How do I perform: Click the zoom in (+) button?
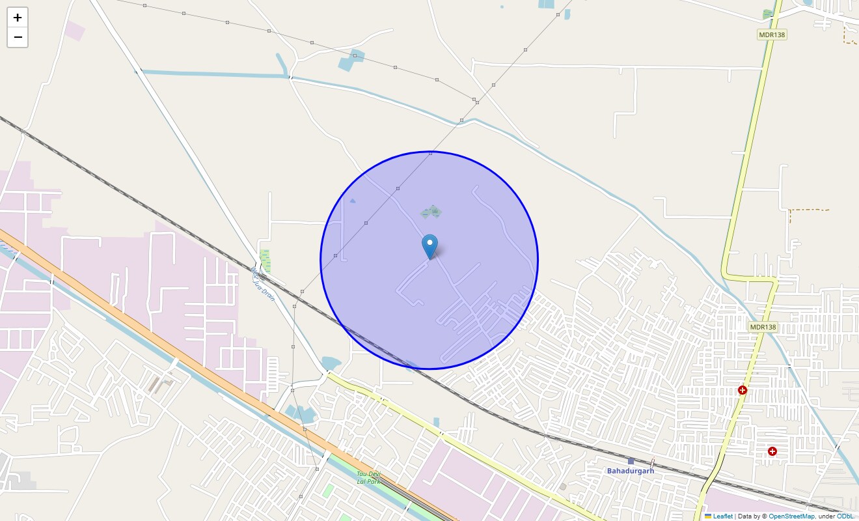tap(18, 18)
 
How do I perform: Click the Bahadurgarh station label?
tap(630, 471)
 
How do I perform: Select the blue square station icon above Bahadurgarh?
tap(631, 461)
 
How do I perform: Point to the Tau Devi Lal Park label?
tap(368, 477)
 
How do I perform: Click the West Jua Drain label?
tap(264, 283)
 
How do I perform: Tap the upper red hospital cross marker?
tap(743, 390)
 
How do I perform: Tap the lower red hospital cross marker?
tap(772, 451)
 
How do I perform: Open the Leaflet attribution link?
tap(722, 516)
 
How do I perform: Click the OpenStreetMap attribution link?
tap(791, 516)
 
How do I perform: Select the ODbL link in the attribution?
tap(845, 516)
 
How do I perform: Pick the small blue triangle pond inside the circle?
tap(352, 201)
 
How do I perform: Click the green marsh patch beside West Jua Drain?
tap(265, 260)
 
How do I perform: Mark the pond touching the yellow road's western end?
tap(331, 363)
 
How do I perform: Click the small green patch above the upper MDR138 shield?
tap(768, 14)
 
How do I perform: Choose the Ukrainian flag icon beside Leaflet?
tap(708, 516)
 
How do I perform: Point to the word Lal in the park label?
tap(362, 481)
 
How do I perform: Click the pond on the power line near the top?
tap(352, 60)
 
